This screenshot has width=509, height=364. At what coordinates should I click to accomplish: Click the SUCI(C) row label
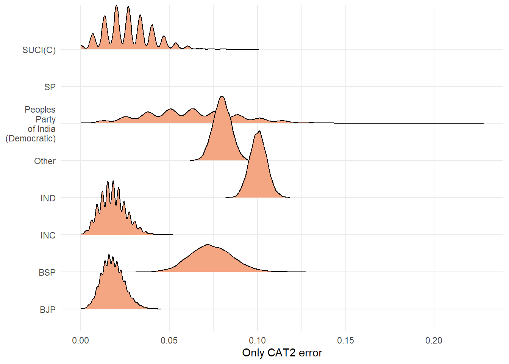[x=39, y=50]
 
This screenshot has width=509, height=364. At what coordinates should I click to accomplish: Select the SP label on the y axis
[x=50, y=87]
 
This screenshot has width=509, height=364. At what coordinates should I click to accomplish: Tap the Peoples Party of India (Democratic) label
[x=30, y=124]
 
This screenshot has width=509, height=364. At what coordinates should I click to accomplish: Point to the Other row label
[x=45, y=161]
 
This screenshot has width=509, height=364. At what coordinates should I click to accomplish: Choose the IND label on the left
[x=48, y=198]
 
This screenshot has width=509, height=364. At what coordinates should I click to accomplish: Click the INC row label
[x=48, y=235]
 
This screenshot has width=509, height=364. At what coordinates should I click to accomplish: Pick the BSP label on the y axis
[x=47, y=272]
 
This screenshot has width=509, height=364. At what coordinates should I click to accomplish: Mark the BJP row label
[x=48, y=310]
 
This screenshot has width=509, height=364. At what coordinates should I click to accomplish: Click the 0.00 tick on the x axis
[x=80, y=340]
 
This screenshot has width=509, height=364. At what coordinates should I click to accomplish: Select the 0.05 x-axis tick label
[x=169, y=340]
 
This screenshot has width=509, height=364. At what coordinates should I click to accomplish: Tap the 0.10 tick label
[x=257, y=340]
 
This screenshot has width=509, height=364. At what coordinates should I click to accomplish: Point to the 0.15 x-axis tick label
[x=346, y=340]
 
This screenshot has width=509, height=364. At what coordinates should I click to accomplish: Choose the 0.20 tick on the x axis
[x=434, y=340]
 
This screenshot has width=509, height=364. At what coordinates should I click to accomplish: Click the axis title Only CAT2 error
[x=282, y=353]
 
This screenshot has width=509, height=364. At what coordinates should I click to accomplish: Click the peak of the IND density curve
[x=259, y=131]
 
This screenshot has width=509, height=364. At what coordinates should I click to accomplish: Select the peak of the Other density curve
[x=222, y=96]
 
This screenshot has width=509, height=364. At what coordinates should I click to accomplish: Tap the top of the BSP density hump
[x=208, y=245]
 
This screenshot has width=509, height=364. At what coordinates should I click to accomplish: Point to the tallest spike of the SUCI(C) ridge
[x=116, y=6]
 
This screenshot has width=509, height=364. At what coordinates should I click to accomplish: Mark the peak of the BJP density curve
[x=109, y=254]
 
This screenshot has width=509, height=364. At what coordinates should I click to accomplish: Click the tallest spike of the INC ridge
[x=113, y=181]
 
